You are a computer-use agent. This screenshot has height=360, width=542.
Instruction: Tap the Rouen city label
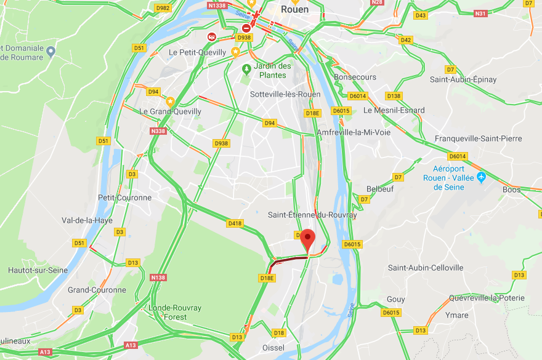coord(294,9)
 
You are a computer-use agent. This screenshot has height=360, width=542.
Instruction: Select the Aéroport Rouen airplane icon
coord(482,177)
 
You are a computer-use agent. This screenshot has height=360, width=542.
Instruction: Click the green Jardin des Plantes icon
coord(247,68)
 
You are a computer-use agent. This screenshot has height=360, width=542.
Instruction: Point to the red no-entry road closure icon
coord(246,28)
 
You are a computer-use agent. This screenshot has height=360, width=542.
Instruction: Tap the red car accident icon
coord(212,37)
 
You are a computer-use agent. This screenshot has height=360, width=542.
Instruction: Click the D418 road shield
coord(235,223)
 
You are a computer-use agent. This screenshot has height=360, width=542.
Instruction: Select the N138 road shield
coord(158,278)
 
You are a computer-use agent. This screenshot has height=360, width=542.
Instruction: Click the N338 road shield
coord(158,131)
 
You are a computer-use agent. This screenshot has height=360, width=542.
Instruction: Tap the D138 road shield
coord(394,96)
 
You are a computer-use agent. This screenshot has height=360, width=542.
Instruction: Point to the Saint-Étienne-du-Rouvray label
coord(312,215)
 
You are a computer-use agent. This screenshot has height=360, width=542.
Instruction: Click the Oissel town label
coord(273,348)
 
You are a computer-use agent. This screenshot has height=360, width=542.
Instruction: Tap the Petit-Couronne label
coord(124,198)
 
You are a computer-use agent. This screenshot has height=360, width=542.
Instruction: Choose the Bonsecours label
coord(355,77)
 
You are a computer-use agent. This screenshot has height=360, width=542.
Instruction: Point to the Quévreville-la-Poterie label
coord(487,298)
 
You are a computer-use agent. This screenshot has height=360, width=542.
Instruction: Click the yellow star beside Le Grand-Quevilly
coord(170,101)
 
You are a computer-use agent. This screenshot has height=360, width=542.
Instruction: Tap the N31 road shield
coord(480,14)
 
